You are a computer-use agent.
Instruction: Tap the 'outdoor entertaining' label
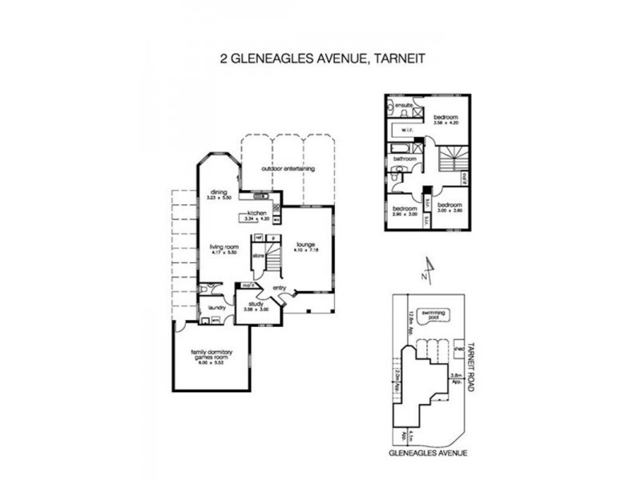click(x=288, y=169)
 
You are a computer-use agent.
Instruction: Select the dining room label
click(x=219, y=192)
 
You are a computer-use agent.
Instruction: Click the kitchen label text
click(x=256, y=212)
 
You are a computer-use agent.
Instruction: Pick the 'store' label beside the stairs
click(x=259, y=255)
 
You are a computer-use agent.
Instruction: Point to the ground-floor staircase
click(x=272, y=261)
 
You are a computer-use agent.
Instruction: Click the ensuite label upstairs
click(x=402, y=105)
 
